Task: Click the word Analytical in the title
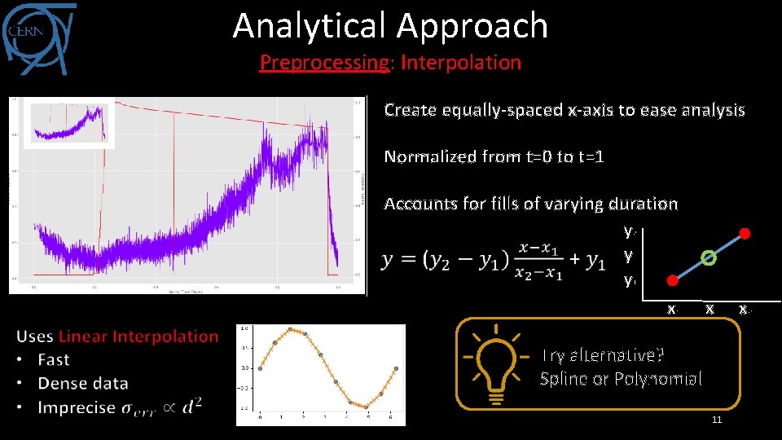[308, 26]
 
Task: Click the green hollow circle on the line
[710, 258]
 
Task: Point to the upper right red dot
[744, 235]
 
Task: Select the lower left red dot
[672, 281]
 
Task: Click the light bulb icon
[493, 363]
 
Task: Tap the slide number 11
[717, 420]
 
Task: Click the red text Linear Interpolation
[138, 336]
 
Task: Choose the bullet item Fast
[54, 359]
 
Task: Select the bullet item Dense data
[83, 383]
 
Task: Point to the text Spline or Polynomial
[621, 379]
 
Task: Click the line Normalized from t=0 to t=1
[494, 156]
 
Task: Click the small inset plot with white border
[68, 122]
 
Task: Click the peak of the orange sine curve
[291, 329]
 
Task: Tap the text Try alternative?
[603, 355]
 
